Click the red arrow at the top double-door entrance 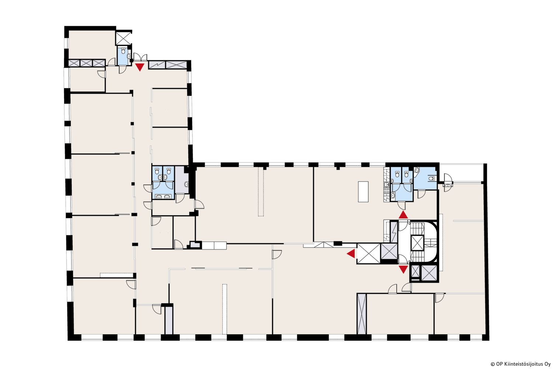(140, 67)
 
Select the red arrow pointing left (351, 254)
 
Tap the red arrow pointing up (403, 214)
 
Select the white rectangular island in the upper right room (363, 192)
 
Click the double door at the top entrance (140, 57)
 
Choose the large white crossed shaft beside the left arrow (369, 254)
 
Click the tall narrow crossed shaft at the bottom (362, 314)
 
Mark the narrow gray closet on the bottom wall (169, 320)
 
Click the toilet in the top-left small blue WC (123, 51)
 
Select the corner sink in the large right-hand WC (417, 170)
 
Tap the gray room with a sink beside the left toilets (182, 180)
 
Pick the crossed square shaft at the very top (123, 38)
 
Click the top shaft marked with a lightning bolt (157, 65)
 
